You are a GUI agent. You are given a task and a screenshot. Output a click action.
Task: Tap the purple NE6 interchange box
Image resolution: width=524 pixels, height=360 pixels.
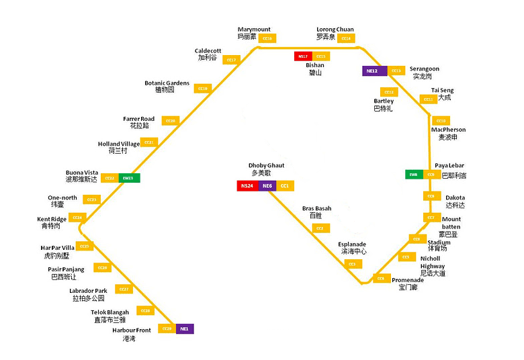point(267,186)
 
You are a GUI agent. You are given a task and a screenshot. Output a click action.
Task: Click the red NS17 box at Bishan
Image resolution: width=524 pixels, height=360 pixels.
point(303,56)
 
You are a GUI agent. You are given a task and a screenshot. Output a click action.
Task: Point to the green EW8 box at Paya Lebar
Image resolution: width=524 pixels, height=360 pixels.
point(414,175)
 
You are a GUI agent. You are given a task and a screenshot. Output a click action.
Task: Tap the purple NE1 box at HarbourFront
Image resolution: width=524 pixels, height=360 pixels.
point(185,329)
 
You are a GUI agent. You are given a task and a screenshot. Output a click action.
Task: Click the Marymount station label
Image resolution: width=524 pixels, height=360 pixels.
point(254,30)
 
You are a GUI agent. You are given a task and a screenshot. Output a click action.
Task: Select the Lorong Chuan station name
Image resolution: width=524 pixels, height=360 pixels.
point(335,30)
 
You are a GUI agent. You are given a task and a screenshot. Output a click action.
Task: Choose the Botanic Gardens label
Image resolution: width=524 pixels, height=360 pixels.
point(167,83)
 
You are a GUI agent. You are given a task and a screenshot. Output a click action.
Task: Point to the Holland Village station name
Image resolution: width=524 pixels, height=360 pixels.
point(119,144)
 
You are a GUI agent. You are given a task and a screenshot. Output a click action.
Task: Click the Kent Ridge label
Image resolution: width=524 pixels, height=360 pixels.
point(52,220)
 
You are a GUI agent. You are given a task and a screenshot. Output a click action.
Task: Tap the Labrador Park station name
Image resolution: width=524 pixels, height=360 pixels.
point(88,291)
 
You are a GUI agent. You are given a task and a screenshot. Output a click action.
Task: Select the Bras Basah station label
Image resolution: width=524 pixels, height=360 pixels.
point(316,209)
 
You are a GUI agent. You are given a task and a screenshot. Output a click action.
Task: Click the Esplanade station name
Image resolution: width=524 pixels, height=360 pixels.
point(353,244)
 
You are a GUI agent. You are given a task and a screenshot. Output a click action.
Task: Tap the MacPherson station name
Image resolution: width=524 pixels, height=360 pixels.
point(448,130)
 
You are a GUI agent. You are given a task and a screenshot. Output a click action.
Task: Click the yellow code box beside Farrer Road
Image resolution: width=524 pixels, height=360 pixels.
point(171,121)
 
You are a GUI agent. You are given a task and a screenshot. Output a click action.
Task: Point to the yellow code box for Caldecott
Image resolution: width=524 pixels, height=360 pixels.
point(231,60)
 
